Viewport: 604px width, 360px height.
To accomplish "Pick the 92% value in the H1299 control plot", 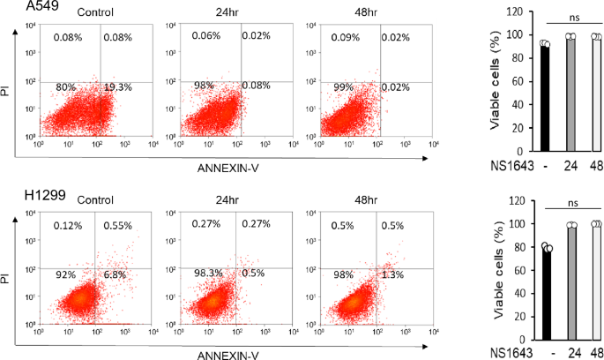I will click(x=64, y=275).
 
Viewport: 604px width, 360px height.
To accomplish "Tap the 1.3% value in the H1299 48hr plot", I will click(x=392, y=275).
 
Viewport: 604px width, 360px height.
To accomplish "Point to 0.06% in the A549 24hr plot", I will click(x=206, y=37).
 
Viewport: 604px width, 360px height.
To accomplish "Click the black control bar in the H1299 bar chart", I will click(x=546, y=294).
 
